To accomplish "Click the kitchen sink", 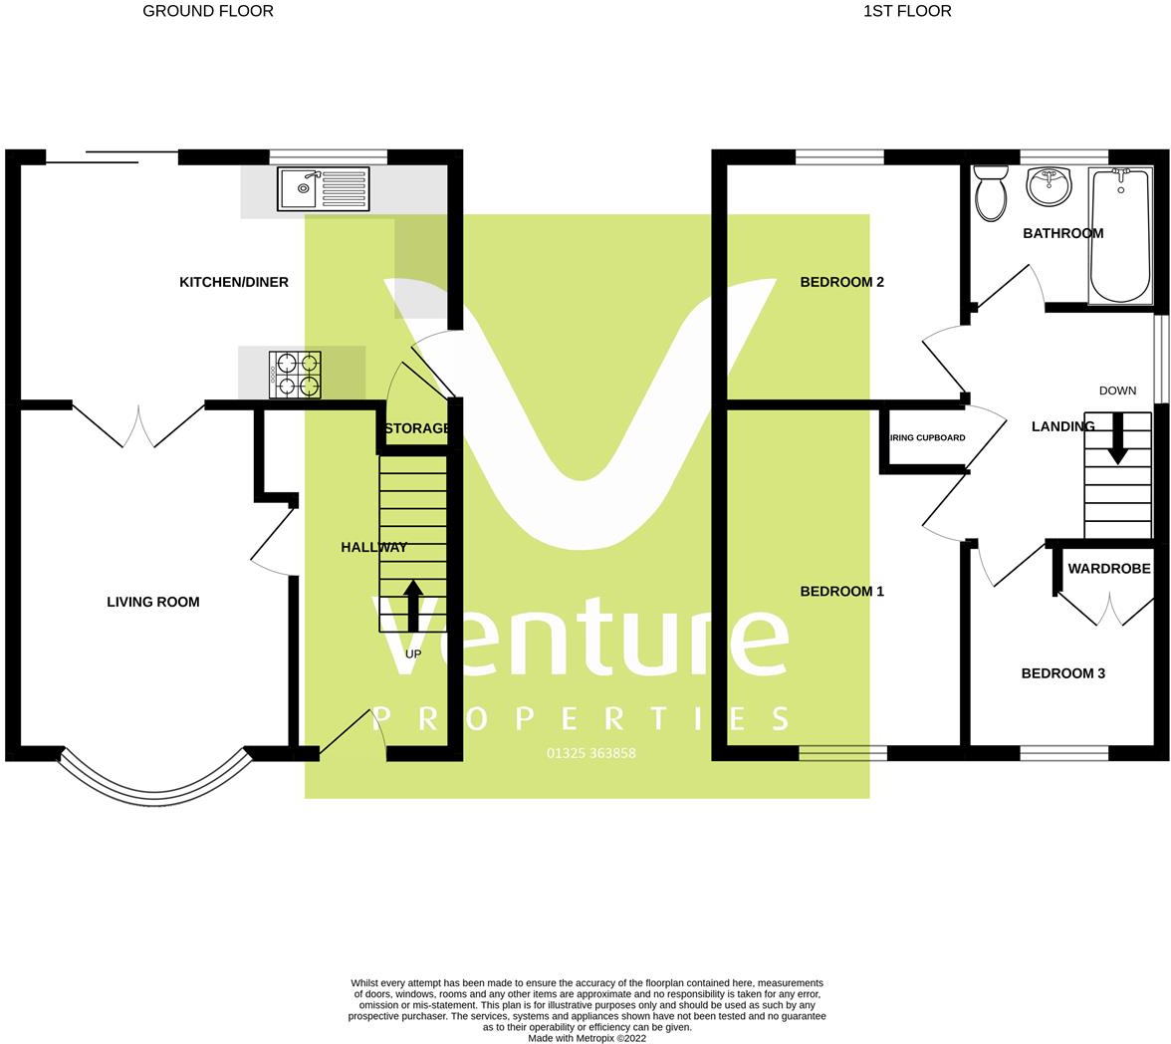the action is [324, 189].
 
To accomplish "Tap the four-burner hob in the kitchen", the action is [295, 375].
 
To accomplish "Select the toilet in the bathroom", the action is [991, 193].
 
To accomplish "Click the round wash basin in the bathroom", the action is [1049, 186].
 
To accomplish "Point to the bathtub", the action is [1120, 236].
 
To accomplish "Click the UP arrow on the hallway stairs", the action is [413, 606].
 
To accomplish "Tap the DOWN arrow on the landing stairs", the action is [1118, 438].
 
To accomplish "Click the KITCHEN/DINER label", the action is [234, 282].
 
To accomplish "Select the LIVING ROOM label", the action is [153, 602].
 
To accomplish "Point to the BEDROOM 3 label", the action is [1062, 673].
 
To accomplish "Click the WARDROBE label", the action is [1109, 569].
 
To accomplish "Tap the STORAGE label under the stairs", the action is [417, 428].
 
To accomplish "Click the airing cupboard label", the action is [927, 438].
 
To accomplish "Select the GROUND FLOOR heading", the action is [207, 11].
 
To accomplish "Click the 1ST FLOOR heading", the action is [907, 11].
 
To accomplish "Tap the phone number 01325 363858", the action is [591, 753].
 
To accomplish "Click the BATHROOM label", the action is [1062, 233].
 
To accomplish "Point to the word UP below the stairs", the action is [413, 653].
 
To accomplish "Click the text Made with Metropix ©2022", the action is [587, 1038].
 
